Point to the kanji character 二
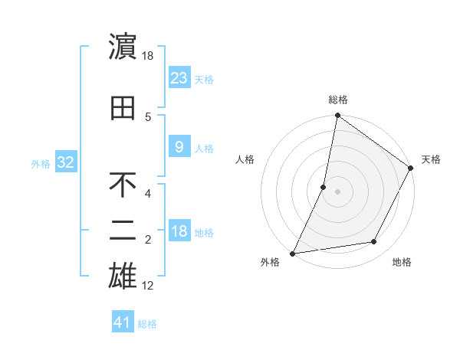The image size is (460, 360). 123,231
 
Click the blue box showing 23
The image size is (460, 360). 179,77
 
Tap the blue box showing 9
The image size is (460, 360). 179,147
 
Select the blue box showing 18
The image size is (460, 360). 179,231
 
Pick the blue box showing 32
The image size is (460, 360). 65,162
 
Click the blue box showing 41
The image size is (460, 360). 123,322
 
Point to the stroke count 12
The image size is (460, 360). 148,286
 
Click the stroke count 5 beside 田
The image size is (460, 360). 148,116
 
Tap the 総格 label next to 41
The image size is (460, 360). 147,323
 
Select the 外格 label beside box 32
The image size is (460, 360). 40,163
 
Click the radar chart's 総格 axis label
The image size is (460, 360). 337,100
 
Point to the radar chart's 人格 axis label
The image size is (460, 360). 245,159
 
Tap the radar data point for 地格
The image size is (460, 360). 374,242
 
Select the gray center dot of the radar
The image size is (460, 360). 337,191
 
